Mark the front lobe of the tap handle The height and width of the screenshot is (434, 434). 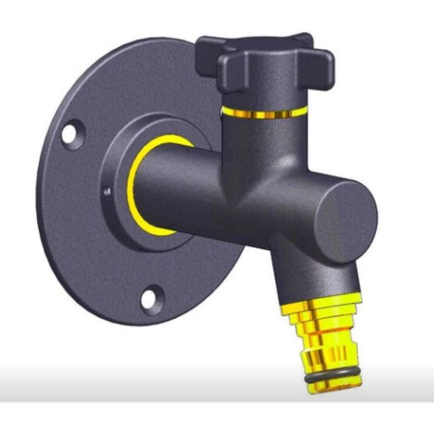click(253, 76)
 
